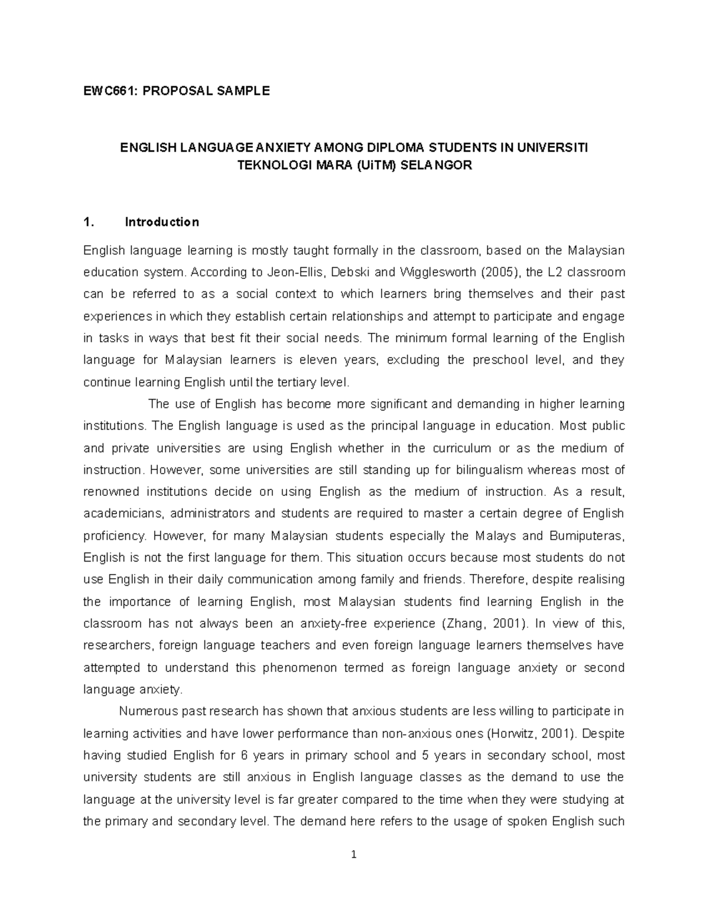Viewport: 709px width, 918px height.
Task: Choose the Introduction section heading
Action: pyautogui.click(x=162, y=222)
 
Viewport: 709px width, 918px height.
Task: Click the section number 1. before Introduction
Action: pyautogui.click(x=89, y=222)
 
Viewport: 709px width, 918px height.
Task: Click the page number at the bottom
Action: pyautogui.click(x=354, y=855)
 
